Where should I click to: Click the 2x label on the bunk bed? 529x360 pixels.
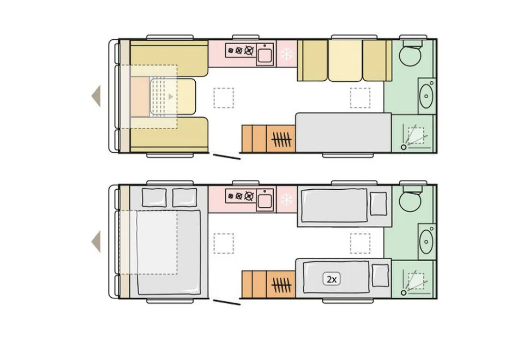331,279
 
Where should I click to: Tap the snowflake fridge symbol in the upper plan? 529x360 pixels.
287,54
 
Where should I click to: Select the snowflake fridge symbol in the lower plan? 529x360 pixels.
287,200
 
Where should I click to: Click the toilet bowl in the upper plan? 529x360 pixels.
410,55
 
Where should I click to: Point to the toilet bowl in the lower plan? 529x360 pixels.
410,201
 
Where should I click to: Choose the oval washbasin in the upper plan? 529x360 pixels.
426,96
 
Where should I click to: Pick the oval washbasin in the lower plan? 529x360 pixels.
426,242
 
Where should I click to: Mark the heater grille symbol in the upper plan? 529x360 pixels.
281,139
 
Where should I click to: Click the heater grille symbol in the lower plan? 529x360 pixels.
281,284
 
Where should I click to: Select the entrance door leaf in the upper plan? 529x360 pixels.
227,157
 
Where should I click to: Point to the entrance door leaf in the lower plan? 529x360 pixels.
227,302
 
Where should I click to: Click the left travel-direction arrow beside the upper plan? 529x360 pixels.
96,96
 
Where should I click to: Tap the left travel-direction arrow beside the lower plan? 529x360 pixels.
96,242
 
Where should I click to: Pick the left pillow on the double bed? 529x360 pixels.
154,197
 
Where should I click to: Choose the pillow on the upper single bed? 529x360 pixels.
378,203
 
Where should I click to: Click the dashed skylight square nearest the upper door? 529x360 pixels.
224,98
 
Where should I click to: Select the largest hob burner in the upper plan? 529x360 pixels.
249,51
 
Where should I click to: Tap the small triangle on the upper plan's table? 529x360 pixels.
171,97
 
